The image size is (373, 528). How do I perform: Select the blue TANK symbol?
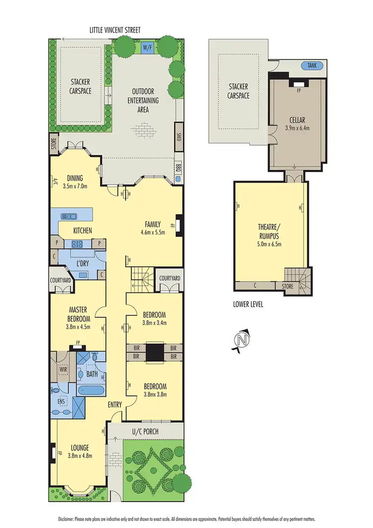tap(313, 65)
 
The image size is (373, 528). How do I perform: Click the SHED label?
tap(179, 136)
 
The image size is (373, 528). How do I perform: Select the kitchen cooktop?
tap(78, 244)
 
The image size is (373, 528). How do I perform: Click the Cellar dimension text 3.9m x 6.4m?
tap(297, 127)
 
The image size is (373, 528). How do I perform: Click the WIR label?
tap(63, 370)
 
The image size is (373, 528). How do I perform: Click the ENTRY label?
tap(115, 405)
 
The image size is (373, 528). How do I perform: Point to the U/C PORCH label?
tap(145, 431)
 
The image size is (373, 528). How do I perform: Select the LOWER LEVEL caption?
tap(248, 304)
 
